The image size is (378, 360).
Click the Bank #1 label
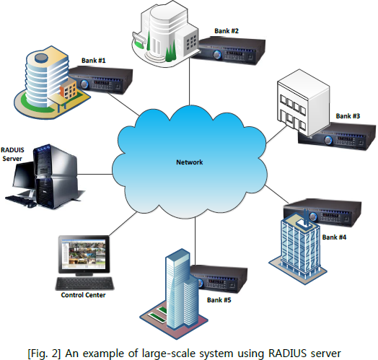[x=94, y=61]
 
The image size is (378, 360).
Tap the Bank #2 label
[x=227, y=31]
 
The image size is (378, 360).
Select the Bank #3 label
[x=348, y=116]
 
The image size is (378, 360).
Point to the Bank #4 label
[x=334, y=237]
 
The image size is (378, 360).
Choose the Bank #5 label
[x=219, y=300]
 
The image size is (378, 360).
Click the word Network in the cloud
[x=190, y=162]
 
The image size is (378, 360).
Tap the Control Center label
[x=83, y=295]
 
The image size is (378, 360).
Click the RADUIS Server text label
[x=12, y=154]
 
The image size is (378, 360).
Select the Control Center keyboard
[x=84, y=284]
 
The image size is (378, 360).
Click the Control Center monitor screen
[x=84, y=255]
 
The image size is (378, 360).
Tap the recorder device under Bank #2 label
[x=232, y=51]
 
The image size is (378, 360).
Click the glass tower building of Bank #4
[x=298, y=248]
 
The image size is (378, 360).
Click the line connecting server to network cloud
[x=94, y=174]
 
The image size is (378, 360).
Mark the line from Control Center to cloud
[x=123, y=224]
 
